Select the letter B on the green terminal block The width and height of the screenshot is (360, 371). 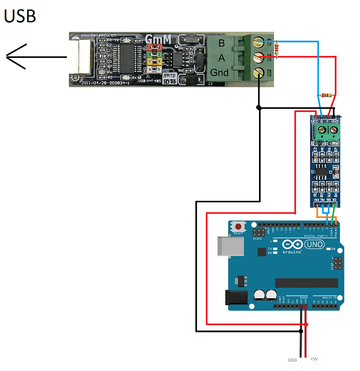[221, 43]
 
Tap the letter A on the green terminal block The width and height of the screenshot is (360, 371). [221, 58]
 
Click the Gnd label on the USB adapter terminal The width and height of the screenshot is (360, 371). [219, 73]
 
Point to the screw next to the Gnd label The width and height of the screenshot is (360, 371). [258, 73]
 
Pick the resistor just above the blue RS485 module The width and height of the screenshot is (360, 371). [327, 94]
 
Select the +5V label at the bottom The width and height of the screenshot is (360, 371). [313, 359]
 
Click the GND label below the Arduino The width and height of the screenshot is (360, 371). [293, 360]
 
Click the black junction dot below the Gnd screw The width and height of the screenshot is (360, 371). [258, 107]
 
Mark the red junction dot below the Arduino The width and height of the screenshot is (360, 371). [307, 325]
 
